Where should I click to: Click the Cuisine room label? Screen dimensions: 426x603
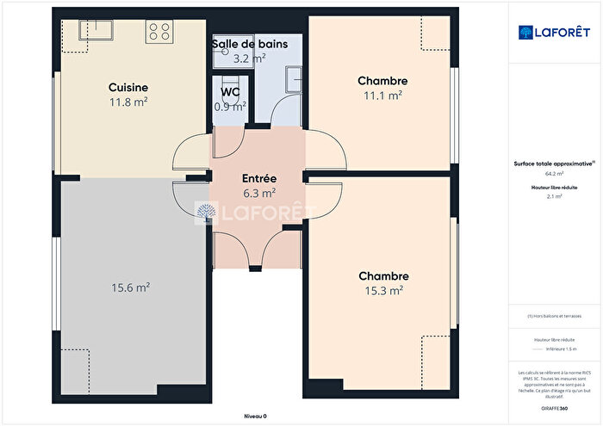(x=128, y=87)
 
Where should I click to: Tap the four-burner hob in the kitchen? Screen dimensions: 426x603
(x=159, y=33)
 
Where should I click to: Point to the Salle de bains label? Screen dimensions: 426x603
(x=256, y=43)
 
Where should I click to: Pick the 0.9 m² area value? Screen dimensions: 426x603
(x=230, y=107)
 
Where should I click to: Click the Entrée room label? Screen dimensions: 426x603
(x=258, y=178)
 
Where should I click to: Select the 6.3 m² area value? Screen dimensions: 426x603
(x=258, y=193)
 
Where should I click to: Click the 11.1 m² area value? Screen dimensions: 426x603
(x=382, y=96)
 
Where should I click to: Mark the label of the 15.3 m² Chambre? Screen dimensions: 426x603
(x=383, y=276)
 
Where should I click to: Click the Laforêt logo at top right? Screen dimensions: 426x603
(x=548, y=32)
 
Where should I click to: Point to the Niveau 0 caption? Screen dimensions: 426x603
(x=255, y=416)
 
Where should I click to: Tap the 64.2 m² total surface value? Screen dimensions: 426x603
(x=555, y=173)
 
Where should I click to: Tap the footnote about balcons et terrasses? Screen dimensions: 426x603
(x=555, y=316)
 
